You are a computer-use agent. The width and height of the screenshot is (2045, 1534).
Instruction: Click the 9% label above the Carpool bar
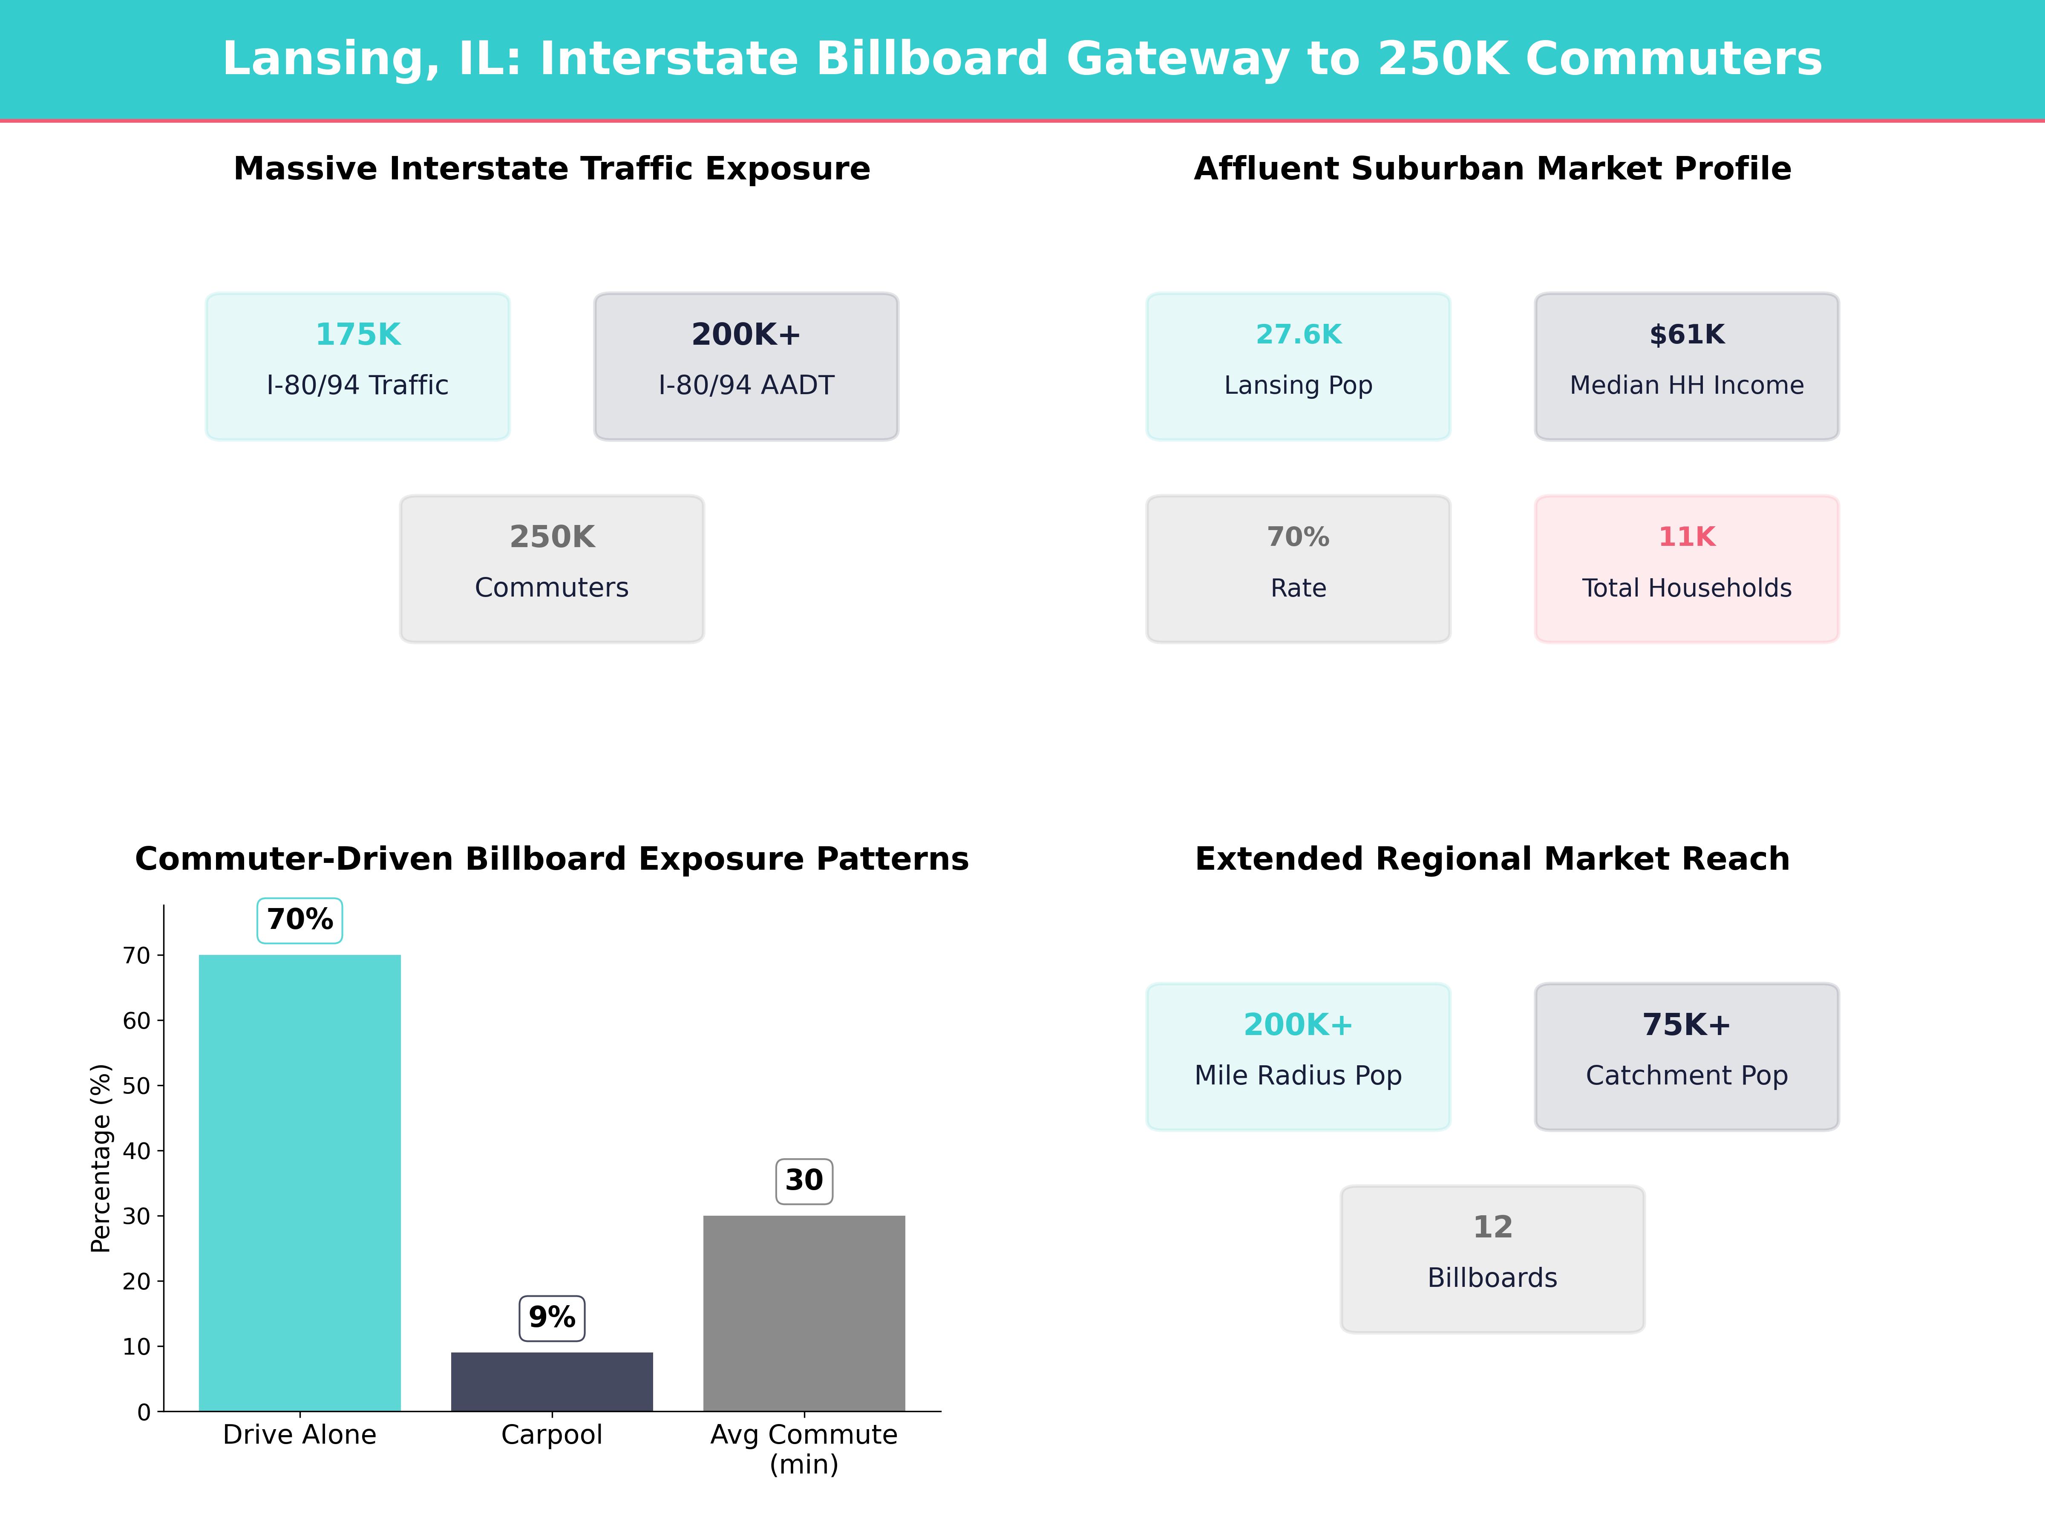552,1317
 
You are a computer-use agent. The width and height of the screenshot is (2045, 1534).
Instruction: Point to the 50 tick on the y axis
136,1086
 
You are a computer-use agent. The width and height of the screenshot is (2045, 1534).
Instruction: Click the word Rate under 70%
1298,588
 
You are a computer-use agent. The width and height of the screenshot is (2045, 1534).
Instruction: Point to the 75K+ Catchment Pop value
1686,1024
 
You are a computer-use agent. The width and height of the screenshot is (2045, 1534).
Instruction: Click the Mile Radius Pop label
1298,1076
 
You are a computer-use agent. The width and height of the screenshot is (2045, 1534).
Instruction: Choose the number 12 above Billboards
1492,1227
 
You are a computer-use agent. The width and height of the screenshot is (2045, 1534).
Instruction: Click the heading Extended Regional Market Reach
1492,859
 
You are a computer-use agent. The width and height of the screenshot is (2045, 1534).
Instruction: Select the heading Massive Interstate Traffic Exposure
552,169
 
